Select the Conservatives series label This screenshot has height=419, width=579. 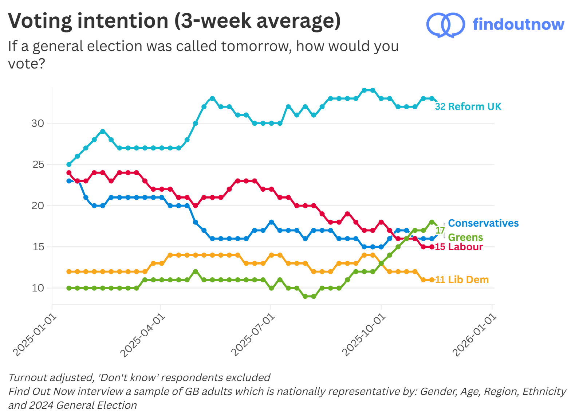(483, 223)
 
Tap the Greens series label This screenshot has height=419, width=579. (465, 237)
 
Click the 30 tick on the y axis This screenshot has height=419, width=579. (38, 123)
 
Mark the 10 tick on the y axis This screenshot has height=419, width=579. (38, 288)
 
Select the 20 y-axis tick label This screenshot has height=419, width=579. (38, 205)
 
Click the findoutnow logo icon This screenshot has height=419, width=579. (445, 25)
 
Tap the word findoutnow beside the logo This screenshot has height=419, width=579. (518, 24)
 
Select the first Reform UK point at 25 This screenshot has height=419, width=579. (69, 164)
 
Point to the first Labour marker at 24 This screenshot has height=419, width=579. (69, 173)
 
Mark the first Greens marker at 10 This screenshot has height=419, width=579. (69, 288)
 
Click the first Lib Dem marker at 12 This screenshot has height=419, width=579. (69, 271)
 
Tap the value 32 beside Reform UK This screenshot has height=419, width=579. (440, 106)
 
